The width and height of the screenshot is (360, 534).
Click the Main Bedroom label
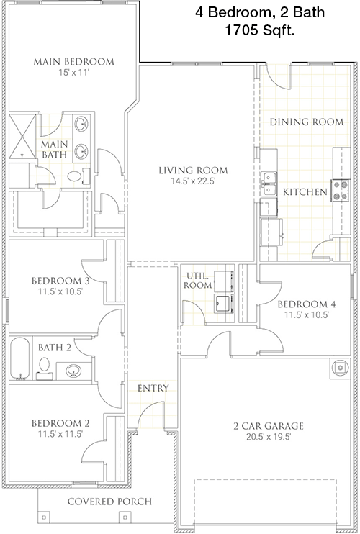click(x=74, y=62)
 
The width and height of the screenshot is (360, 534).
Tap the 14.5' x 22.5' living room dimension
click(x=193, y=181)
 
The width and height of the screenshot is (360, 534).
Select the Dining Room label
click(x=307, y=122)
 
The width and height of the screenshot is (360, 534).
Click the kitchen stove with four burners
click(x=341, y=191)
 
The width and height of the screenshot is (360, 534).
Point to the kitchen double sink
click(x=269, y=184)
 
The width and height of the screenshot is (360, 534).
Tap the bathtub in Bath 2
click(x=19, y=358)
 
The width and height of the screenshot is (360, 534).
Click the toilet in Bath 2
click(x=44, y=368)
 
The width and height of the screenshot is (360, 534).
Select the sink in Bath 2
click(x=73, y=371)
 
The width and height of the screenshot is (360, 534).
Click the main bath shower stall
click(x=22, y=136)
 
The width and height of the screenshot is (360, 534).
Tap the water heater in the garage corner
click(x=340, y=368)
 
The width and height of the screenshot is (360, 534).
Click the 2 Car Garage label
click(x=269, y=426)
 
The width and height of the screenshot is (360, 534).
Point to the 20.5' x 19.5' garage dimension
click(x=269, y=437)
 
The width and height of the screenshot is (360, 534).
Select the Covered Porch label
click(x=109, y=502)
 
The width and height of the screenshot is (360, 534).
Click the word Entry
click(x=153, y=388)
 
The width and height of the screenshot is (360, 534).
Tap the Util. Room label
click(x=198, y=280)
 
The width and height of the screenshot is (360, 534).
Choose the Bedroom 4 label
click(x=307, y=304)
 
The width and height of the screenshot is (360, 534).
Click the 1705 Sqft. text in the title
click(x=260, y=32)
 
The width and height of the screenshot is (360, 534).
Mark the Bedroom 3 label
click(x=60, y=281)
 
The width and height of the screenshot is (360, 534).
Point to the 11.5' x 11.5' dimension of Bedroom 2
click(x=60, y=434)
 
